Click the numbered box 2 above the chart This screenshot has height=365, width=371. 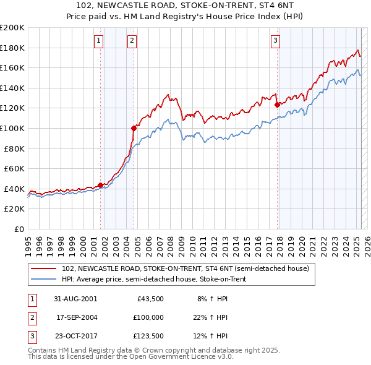click(132, 41)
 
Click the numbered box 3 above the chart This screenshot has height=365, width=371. click(275, 41)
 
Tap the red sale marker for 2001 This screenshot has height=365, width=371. click(100, 185)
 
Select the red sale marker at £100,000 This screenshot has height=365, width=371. click(134, 128)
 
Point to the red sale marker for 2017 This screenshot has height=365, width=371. click(277, 105)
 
